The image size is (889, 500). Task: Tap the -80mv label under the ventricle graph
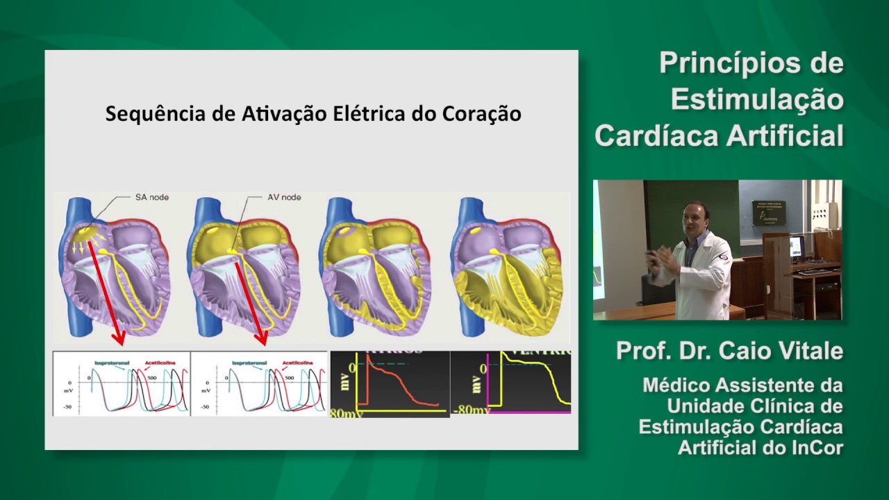pos(472,410)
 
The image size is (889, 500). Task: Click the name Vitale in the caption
pos(809,351)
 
